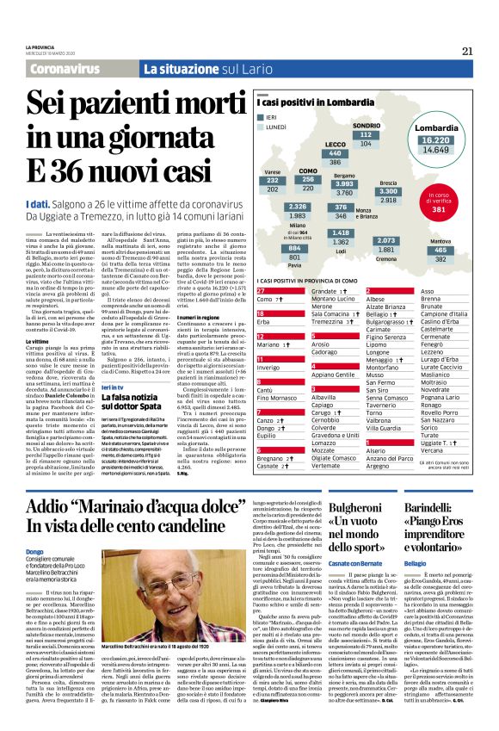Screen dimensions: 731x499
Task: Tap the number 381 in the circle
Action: (x=438, y=209)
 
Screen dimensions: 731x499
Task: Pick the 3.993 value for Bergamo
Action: (x=344, y=183)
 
